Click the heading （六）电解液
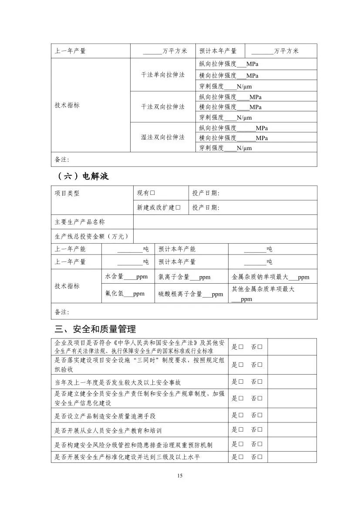coord(83,176)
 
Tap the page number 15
coord(180,476)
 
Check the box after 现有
coord(153,193)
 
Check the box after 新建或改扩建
coord(178,208)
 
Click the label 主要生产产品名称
coord(80,222)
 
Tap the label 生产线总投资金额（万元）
coord(92,236)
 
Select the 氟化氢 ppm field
coord(128,294)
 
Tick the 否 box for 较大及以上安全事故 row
coord(260,382)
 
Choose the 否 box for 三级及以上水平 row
coord(260,457)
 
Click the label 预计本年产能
coord(177,249)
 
